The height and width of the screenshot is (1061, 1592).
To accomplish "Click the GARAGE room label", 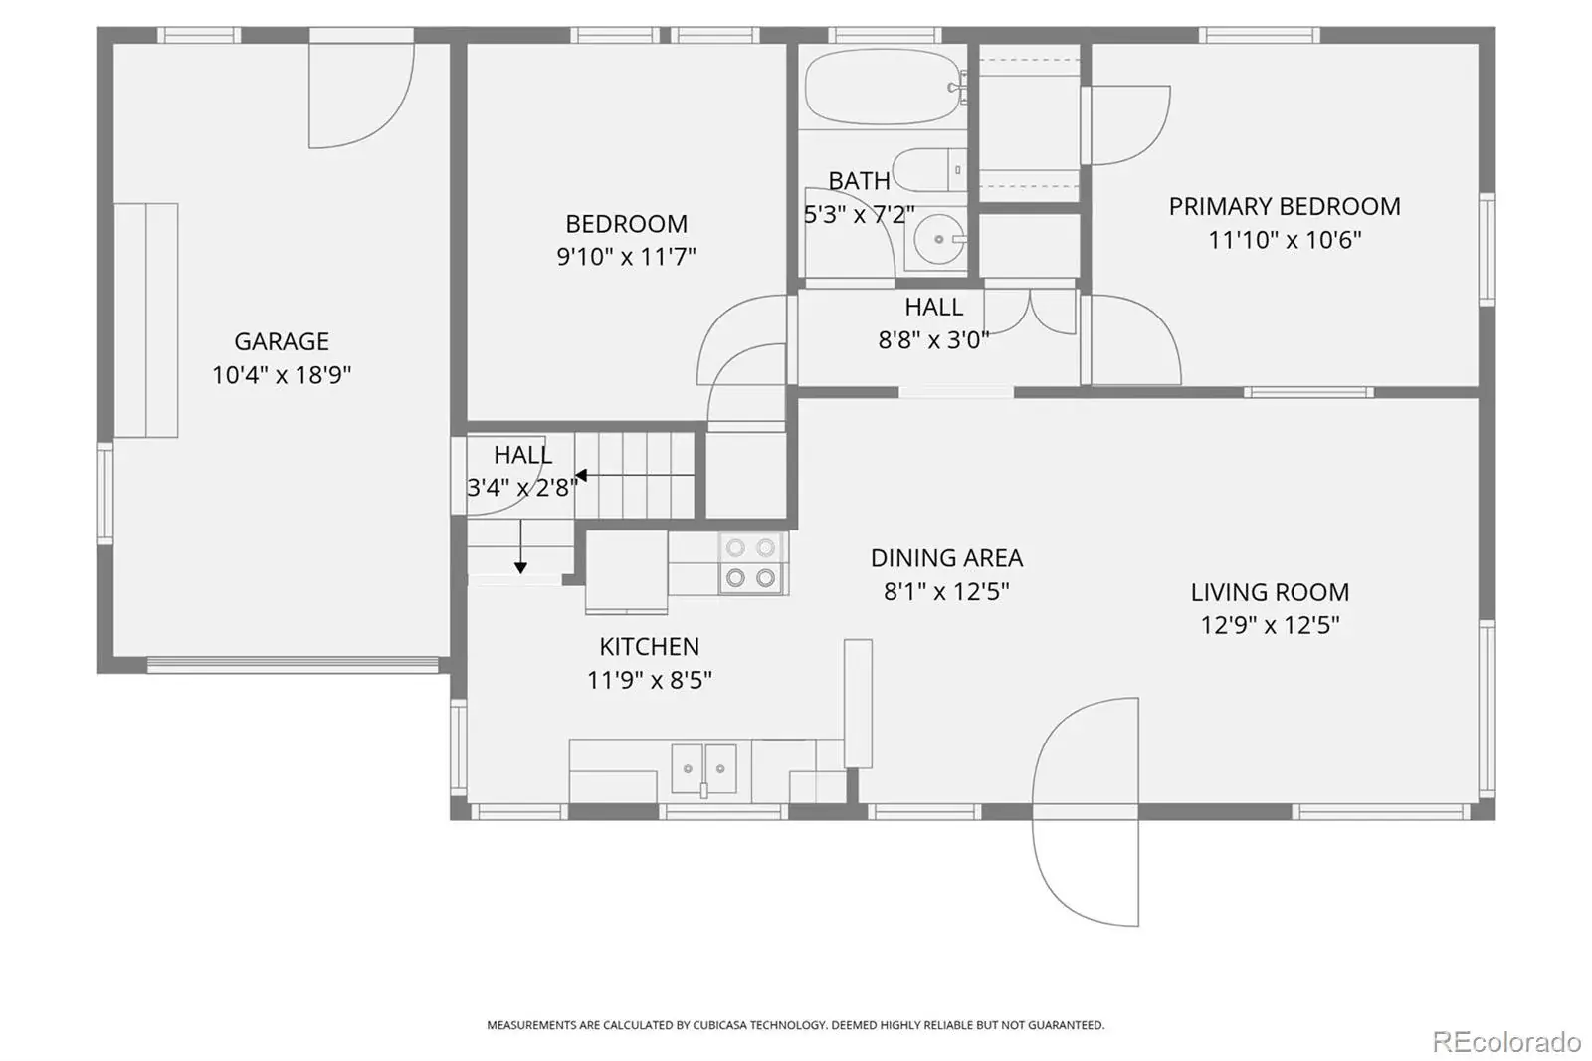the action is click(x=282, y=341).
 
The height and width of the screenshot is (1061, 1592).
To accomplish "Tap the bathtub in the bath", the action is click(x=885, y=87).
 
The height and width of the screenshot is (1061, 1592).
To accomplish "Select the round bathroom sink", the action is click(x=939, y=239).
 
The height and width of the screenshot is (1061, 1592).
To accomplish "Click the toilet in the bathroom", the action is click(x=929, y=170).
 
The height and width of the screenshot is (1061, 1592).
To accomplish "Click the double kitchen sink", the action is click(x=703, y=768).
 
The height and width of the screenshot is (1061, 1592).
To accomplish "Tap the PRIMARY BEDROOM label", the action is click(x=1285, y=206).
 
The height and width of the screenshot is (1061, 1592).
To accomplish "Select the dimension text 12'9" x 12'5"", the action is click(x=1270, y=625).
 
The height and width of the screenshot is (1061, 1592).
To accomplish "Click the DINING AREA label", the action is click(x=946, y=558).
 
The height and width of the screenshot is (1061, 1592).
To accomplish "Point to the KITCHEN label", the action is click(x=650, y=646).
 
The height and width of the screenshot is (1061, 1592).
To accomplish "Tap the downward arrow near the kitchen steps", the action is click(x=521, y=546).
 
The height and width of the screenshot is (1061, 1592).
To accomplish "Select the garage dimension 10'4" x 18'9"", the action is click(x=282, y=375).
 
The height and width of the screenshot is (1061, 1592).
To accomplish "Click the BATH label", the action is click(x=860, y=180).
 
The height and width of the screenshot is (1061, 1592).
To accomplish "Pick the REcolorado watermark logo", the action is click(x=1506, y=1042).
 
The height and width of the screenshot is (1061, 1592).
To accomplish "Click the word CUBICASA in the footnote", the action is click(x=720, y=1025).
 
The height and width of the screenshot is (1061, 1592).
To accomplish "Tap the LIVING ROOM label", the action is click(x=1270, y=591).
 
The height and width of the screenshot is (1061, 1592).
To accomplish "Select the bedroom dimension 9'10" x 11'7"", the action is click(x=626, y=256).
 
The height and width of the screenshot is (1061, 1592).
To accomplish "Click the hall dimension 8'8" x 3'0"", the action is click(x=934, y=340).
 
